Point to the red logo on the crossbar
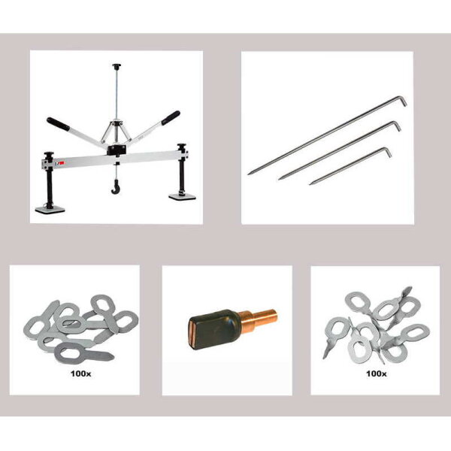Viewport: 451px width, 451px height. [x=63, y=160]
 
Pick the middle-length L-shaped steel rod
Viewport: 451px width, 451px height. [x=337, y=151]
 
